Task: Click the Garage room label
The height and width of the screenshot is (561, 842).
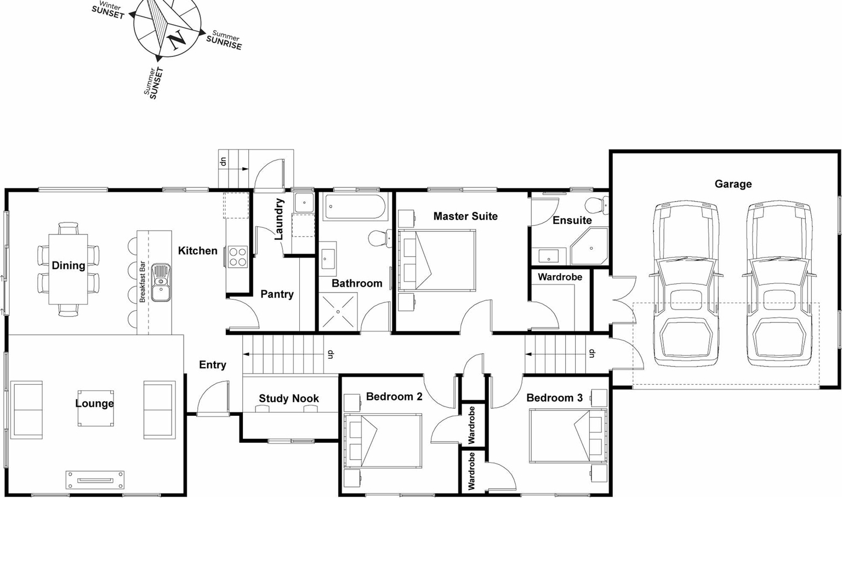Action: point(733,184)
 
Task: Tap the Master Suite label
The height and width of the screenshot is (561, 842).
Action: point(465,216)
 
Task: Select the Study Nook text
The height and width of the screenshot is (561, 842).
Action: point(289,398)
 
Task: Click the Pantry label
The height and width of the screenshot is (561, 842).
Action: point(277,294)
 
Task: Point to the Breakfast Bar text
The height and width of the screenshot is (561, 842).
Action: point(143,282)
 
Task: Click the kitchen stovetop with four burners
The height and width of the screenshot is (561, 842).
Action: point(238,256)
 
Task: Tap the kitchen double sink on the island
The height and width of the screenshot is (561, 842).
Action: point(161,282)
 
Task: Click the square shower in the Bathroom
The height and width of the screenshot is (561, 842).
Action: point(338,311)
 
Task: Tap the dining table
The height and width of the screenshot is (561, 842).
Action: point(69,268)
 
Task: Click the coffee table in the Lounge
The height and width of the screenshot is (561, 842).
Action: point(95,408)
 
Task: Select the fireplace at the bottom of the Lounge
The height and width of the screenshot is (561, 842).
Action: point(95,480)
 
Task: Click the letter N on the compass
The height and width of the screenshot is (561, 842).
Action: point(177,40)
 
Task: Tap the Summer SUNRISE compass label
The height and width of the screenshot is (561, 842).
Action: point(224,41)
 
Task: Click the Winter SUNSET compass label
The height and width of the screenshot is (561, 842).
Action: point(109,10)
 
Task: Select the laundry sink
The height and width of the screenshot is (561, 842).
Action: point(303,203)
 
